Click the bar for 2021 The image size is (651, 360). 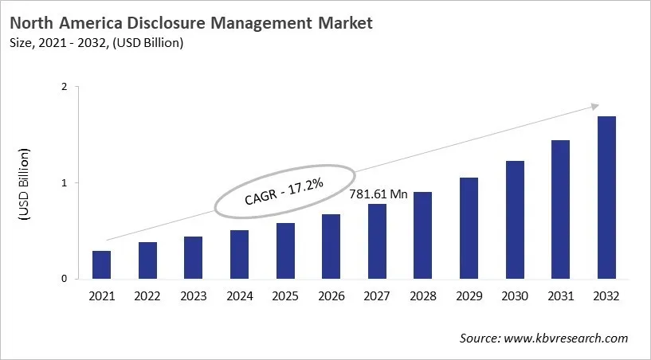click(101, 264)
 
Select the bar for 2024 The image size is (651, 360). click(239, 254)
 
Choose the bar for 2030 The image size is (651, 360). click(514, 220)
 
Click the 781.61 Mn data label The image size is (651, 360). click(378, 194)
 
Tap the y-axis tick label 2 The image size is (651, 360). click(65, 88)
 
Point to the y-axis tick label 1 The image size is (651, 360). click(65, 183)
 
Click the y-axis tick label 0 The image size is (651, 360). click(65, 279)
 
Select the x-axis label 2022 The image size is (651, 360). click(147, 296)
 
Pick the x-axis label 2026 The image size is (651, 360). click(331, 296)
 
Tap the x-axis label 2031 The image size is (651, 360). click(560, 296)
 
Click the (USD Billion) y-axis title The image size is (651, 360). click(24, 184)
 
